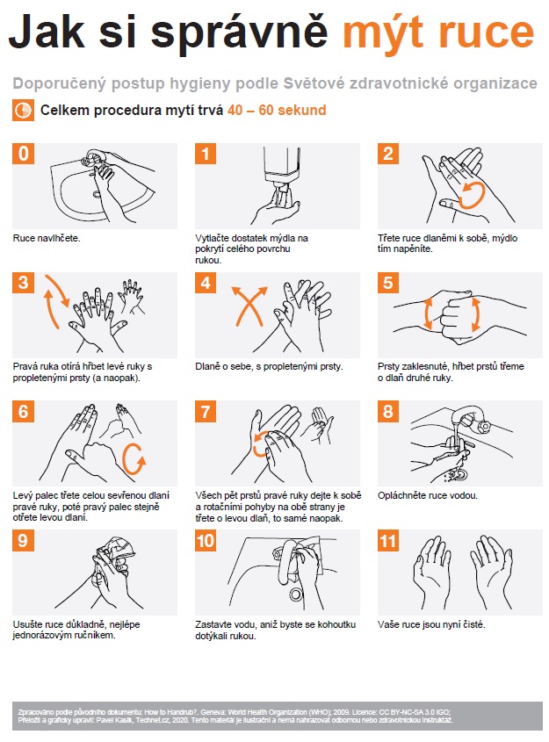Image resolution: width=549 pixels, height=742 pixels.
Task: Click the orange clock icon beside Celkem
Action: [23, 111]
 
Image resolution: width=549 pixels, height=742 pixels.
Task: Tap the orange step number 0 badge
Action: [23, 154]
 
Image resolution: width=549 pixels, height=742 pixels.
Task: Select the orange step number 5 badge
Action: [388, 283]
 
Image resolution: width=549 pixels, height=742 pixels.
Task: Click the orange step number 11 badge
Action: [388, 540]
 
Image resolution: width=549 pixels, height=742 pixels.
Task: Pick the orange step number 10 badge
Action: [206, 540]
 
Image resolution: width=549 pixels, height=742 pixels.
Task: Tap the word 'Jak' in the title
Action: [47, 32]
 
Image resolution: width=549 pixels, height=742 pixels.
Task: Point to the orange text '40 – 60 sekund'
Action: [277, 111]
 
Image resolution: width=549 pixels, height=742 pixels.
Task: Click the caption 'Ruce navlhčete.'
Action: [47, 238]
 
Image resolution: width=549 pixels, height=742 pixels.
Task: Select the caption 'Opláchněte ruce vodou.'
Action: [428, 495]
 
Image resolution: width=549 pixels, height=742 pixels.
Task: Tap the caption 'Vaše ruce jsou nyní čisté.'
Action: [431, 624]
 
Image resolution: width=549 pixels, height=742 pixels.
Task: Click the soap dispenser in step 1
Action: [281, 168]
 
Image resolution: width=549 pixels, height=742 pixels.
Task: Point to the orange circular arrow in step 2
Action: [472, 196]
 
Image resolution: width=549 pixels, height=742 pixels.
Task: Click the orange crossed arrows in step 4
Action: [249, 306]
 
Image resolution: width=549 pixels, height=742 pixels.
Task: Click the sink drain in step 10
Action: [296, 594]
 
